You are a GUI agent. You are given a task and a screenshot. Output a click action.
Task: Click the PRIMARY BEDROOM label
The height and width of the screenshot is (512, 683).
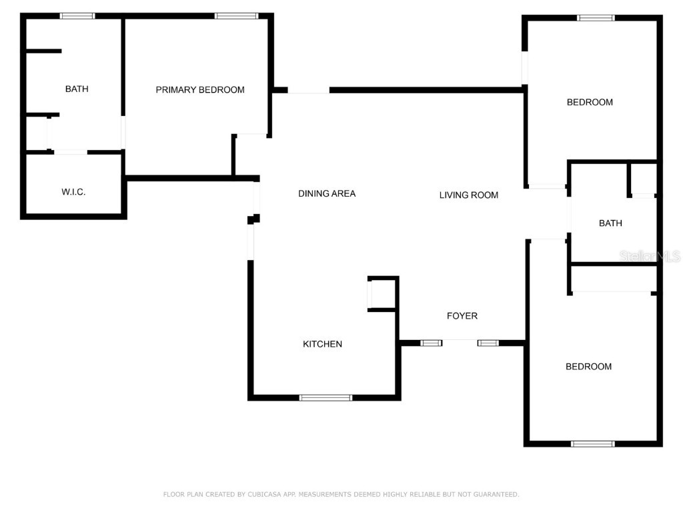tap(200, 90)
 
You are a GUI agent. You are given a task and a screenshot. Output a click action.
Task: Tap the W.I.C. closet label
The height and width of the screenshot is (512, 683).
tap(73, 192)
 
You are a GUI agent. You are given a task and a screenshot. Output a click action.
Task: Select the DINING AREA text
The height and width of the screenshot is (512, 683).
tap(327, 194)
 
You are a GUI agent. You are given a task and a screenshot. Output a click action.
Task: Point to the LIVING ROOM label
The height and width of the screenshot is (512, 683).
tap(469, 195)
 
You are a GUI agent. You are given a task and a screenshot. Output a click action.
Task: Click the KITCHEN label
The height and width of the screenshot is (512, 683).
tap(323, 344)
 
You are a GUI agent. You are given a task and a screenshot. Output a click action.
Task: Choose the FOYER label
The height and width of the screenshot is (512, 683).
tap(462, 316)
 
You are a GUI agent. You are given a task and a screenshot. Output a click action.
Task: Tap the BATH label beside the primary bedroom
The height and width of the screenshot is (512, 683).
tap(77, 89)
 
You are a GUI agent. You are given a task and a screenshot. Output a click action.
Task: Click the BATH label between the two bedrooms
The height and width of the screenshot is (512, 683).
tap(610, 223)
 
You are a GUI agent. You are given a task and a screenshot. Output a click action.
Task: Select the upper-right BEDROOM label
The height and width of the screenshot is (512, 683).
tap(590, 103)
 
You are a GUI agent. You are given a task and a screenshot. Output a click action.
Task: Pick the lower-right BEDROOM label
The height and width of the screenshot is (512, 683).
tap(588, 367)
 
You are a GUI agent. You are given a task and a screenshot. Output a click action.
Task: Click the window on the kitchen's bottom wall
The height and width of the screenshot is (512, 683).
tap(325, 398)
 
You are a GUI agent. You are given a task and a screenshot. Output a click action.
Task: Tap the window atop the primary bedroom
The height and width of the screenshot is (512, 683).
tap(236, 16)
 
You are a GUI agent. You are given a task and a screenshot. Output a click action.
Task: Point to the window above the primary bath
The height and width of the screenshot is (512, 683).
tap(77, 16)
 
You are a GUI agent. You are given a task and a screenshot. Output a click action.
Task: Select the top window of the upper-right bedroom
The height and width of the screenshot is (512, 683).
tap(596, 18)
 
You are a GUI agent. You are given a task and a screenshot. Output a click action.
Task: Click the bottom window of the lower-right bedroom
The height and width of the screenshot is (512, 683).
tap(592, 443)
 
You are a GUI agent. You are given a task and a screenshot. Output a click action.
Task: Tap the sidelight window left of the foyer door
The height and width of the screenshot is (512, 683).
tap(431, 343)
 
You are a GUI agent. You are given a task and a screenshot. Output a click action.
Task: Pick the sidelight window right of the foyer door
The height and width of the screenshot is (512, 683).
tap(488, 343)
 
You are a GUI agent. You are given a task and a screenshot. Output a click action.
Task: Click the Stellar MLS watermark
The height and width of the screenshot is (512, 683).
tap(650, 256)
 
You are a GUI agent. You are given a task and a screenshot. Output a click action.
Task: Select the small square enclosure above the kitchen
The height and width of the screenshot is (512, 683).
tap(383, 294)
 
